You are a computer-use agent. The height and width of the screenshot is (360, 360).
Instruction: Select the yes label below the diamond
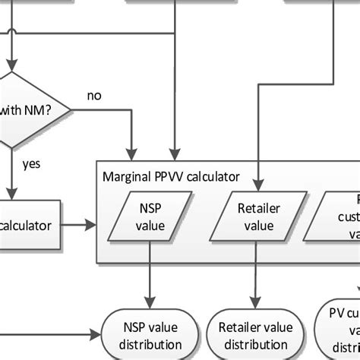point(32,163)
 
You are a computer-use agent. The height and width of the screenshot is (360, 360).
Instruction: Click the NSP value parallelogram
point(150,216)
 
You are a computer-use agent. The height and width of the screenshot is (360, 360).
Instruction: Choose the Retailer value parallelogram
point(255,216)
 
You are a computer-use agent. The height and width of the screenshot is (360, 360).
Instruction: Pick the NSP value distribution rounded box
point(150,334)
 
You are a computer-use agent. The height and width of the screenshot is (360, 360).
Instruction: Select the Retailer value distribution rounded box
point(255,334)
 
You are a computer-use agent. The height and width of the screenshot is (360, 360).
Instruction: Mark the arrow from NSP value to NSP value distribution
point(150,273)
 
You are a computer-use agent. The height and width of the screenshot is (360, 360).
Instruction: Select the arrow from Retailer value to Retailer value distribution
point(255,273)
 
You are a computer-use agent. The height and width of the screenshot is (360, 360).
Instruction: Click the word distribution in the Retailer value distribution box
point(255,343)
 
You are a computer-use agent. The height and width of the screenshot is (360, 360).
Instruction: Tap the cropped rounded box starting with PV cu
point(340,330)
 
